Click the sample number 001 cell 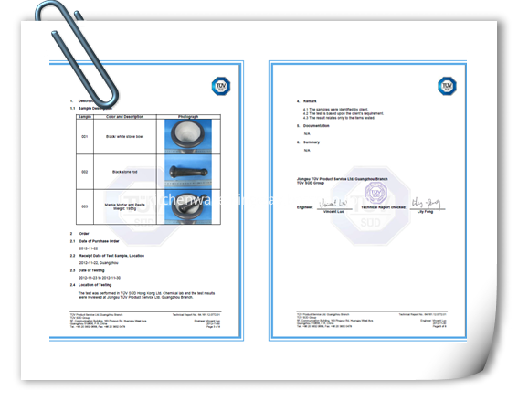click(85, 137)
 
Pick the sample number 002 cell click(85, 172)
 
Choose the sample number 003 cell click(85, 206)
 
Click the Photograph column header click(191, 117)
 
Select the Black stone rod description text click(124, 172)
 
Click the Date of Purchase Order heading click(101, 241)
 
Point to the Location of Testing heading click(99, 285)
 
